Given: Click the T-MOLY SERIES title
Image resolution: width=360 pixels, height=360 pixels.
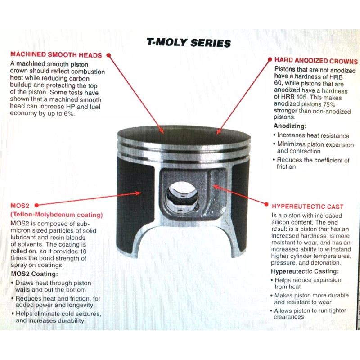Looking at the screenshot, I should pos(189,43).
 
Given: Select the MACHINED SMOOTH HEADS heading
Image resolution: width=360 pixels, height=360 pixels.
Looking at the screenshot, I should pos(56,55).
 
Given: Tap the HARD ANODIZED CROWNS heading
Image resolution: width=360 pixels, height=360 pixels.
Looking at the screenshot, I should pos(316,61).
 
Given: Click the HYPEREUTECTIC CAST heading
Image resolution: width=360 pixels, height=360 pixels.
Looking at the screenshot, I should pos(307,207).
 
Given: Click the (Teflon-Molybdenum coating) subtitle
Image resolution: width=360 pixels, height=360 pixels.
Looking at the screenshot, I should pos(56,215).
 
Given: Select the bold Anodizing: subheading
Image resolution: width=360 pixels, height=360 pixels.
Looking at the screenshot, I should pos(290,126).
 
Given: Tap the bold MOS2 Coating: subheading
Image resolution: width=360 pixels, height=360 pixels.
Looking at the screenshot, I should pos(34,274).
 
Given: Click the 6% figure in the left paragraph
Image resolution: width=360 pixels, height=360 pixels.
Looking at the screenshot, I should pos(71,114).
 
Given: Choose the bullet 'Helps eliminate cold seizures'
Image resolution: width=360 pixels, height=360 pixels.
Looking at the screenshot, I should pos(58,313).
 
